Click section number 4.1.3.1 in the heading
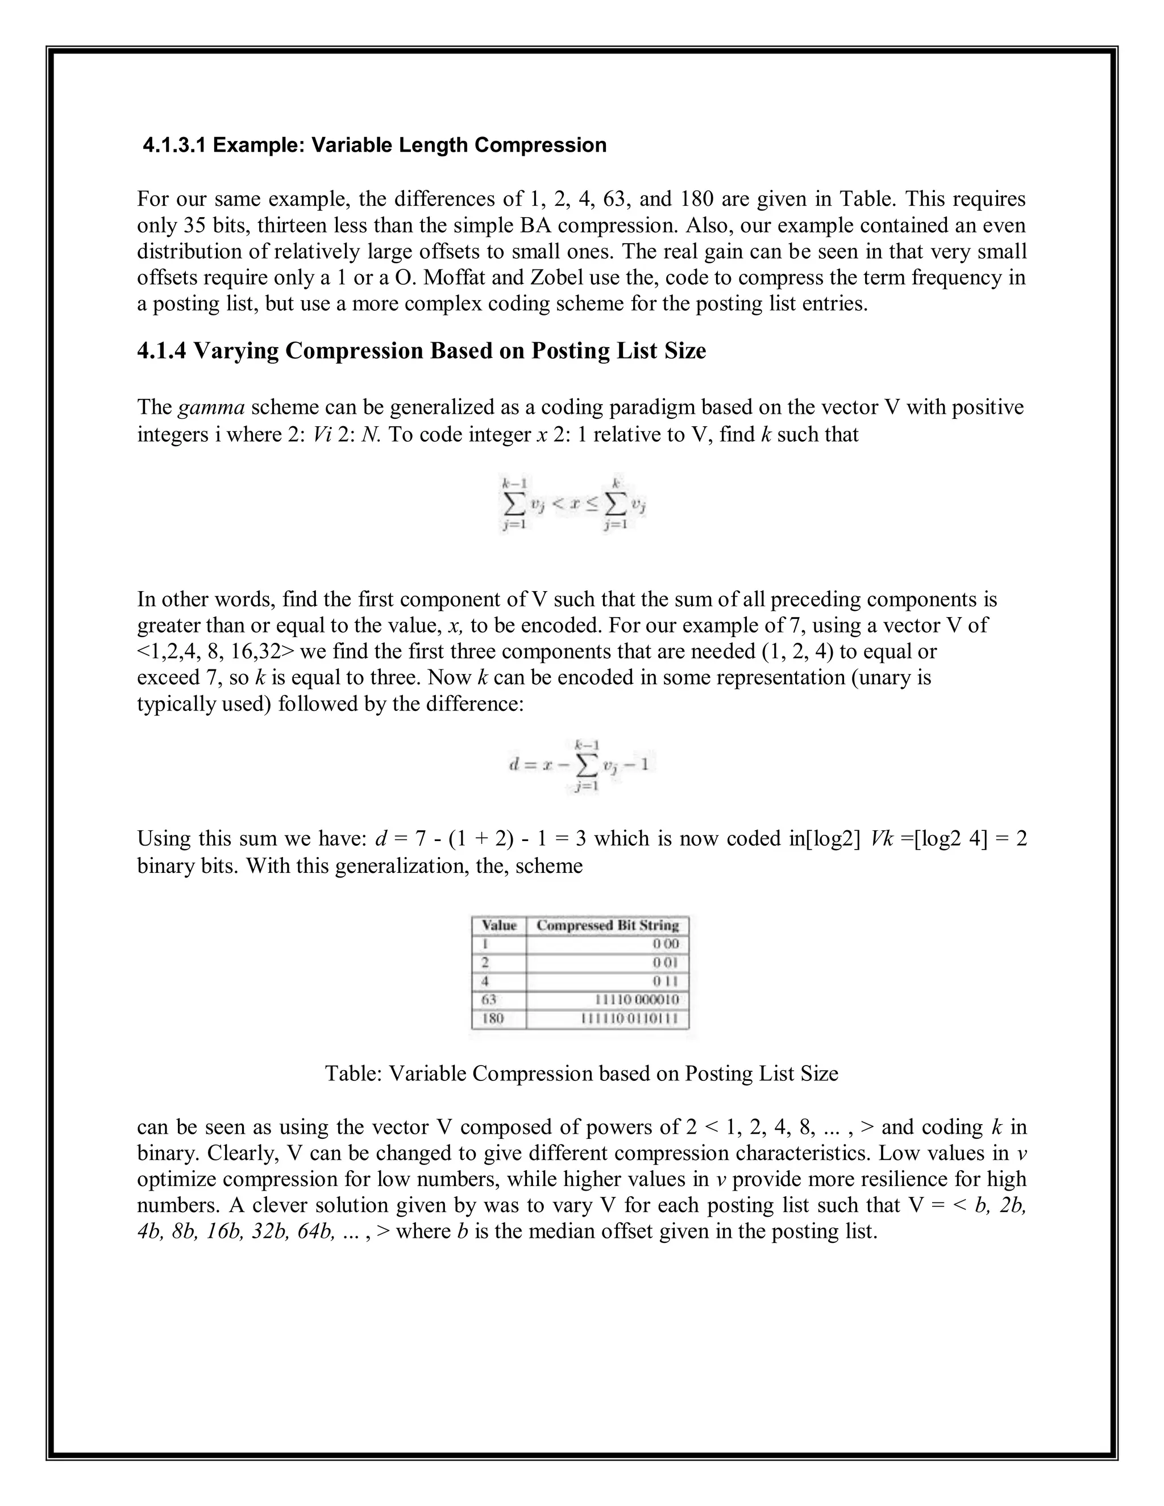pyautogui.click(x=174, y=145)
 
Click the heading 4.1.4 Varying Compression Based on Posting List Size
pyautogui.click(x=421, y=351)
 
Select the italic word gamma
pyautogui.click(x=211, y=407)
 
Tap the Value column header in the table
pyautogui.click(x=498, y=925)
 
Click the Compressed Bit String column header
pyautogui.click(x=607, y=925)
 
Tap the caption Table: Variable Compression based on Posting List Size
pyautogui.click(x=581, y=1074)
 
